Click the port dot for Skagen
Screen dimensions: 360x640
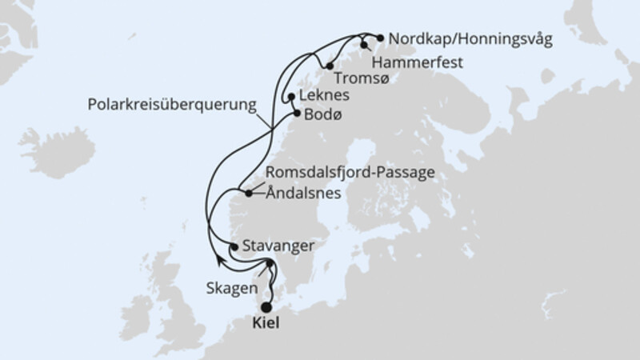pos(270,265)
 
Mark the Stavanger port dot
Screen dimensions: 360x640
pos(234,246)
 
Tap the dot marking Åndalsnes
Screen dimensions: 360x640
pos(249,194)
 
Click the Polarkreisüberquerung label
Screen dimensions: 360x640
pos(172,104)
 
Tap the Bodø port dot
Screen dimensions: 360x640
pos(297,114)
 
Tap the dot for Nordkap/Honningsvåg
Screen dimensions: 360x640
pos(380,37)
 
